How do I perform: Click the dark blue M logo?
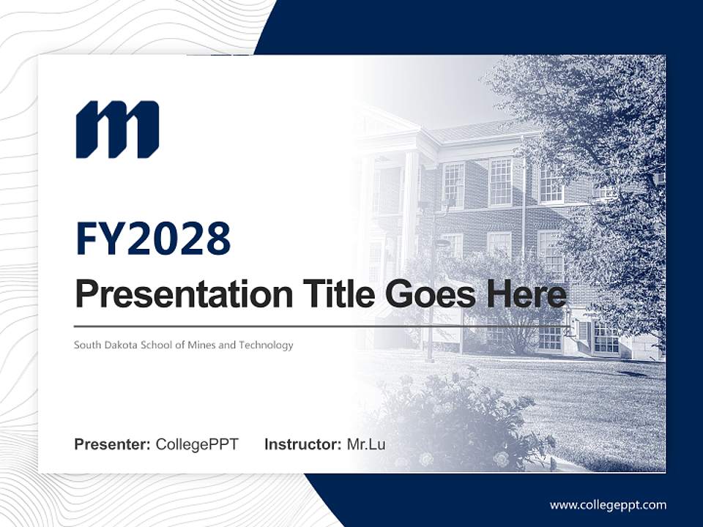(x=117, y=130)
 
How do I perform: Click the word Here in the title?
(x=527, y=294)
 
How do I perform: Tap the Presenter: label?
(x=113, y=444)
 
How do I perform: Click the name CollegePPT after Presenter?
(x=197, y=444)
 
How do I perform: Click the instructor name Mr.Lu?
(x=366, y=444)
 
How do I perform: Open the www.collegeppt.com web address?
(x=608, y=505)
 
